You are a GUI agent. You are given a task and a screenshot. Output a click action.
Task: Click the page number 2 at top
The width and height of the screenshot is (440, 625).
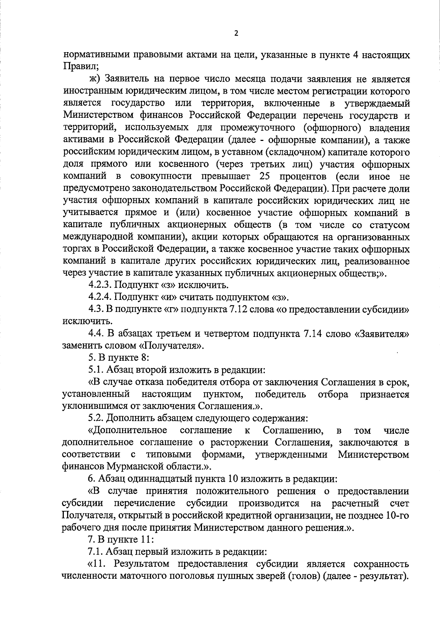236,33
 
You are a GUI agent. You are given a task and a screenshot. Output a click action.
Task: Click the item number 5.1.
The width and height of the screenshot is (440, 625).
95,370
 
